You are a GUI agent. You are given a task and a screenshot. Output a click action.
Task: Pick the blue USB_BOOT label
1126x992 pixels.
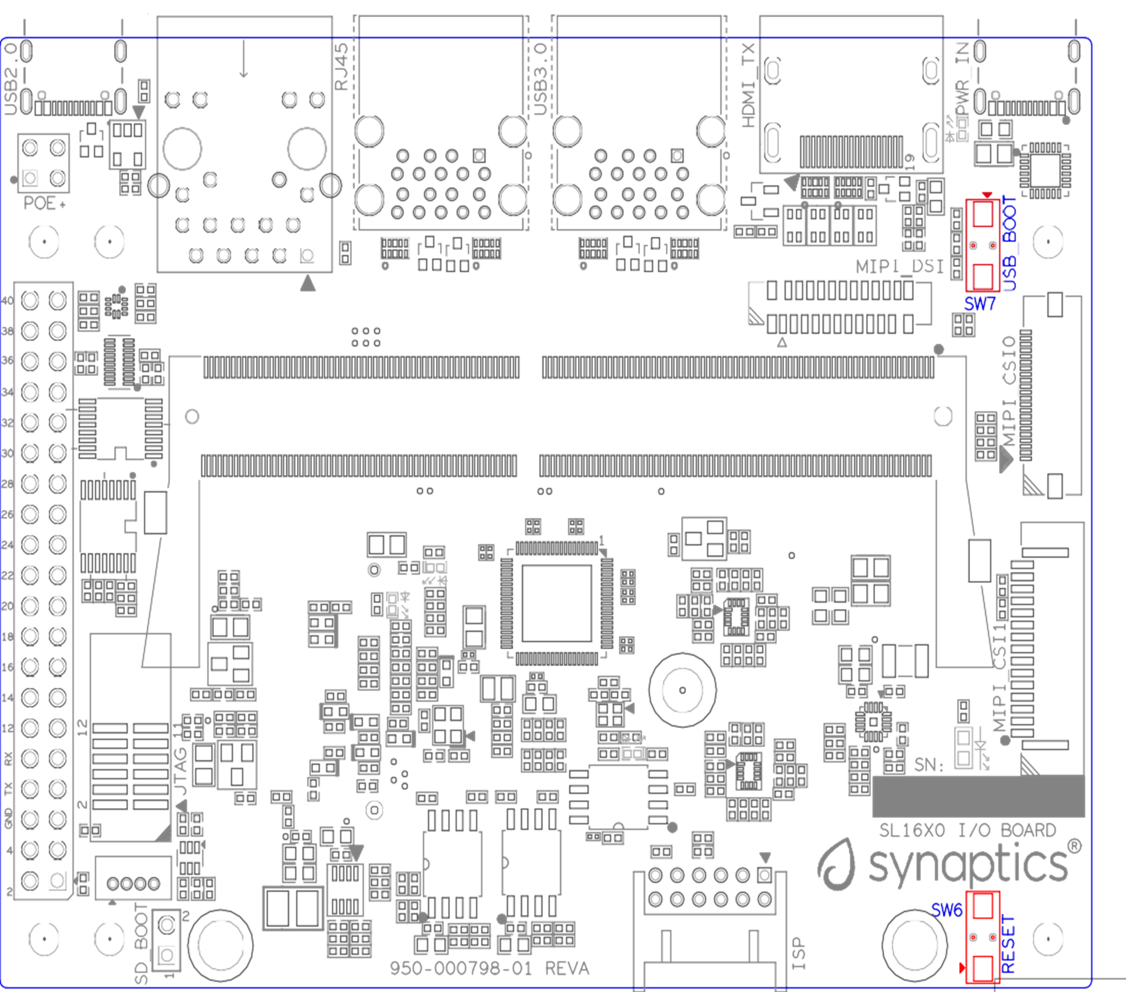1009,243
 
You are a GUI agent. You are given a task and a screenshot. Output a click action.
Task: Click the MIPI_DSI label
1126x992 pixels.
899,267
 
